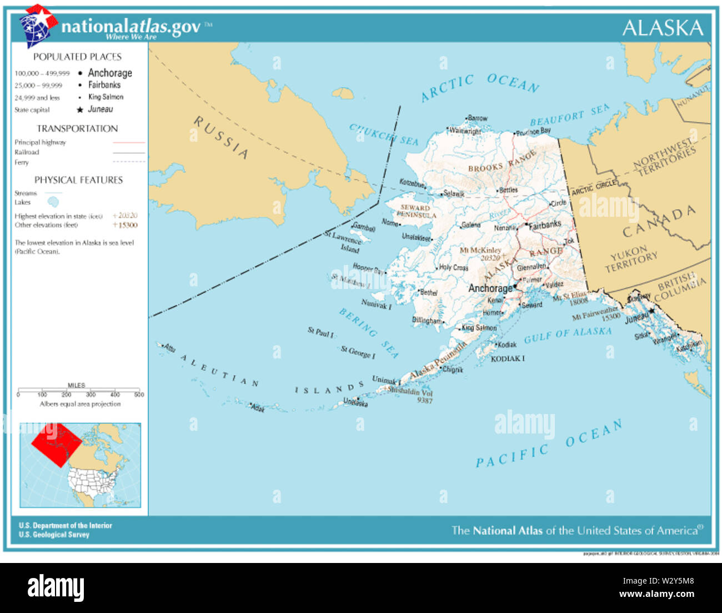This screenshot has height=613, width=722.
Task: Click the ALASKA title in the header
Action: [662, 28]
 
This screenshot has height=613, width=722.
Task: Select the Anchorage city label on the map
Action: [490, 288]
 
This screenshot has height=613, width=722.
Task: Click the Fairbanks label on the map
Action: [545, 225]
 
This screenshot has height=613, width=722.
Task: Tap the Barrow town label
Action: [478, 118]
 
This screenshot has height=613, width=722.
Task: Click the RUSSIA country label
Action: [221, 137]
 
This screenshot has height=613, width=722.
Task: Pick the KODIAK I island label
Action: [507, 358]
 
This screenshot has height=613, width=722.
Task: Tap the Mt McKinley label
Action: [480, 251]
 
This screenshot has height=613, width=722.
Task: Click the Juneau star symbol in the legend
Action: [80, 110]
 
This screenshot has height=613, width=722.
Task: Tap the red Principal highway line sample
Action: [129, 143]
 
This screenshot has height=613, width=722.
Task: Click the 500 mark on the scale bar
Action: [139, 395]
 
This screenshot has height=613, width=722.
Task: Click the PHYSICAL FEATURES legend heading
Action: [78, 180]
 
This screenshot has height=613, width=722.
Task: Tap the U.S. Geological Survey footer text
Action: [54, 535]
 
